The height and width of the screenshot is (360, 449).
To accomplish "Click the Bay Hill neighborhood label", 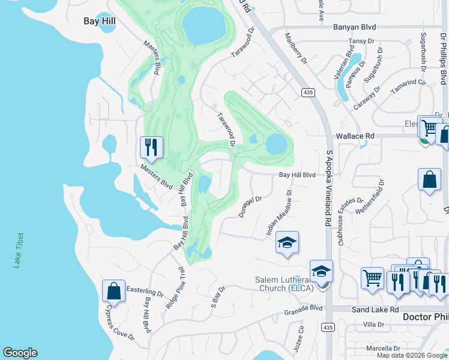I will coord(99,21).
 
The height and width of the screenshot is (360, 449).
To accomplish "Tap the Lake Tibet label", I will coord(20,250).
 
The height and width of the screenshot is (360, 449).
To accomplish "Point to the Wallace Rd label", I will coord(355,136).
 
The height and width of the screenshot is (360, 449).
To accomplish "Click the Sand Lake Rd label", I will coord(377,310).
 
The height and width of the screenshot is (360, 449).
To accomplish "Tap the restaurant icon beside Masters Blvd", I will coord(151,147).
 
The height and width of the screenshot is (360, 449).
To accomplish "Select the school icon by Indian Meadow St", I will coord(287,242).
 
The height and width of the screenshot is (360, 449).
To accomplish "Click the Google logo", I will coord(20,353).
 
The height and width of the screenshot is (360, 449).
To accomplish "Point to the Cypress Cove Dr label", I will coord(120,323).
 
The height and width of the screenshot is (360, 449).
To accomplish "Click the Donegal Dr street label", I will coord(251,207).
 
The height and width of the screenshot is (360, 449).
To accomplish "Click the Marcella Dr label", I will coord(384,348).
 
